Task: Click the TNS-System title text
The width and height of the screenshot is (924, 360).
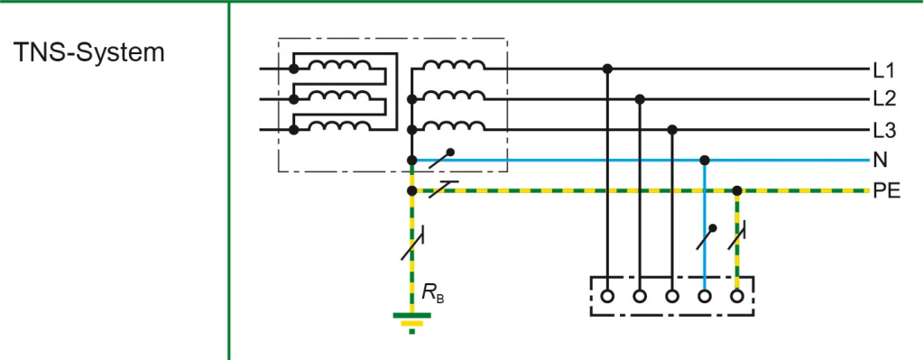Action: click(89, 53)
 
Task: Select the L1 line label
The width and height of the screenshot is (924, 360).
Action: click(884, 72)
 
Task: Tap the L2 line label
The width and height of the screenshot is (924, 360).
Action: click(884, 100)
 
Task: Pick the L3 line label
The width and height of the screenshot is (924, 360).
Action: click(884, 131)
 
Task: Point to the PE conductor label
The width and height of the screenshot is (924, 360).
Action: click(886, 191)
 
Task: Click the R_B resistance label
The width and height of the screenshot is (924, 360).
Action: click(432, 292)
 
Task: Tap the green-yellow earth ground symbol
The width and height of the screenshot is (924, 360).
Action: click(411, 322)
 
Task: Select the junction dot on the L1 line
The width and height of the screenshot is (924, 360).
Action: click(607, 69)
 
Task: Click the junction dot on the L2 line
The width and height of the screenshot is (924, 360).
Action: click(640, 99)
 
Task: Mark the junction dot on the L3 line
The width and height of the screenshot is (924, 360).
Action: click(672, 130)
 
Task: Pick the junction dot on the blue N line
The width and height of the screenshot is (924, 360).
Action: click(704, 161)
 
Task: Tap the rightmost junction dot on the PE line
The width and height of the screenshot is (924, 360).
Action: click(736, 191)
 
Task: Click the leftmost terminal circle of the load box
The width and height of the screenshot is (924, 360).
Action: click(607, 296)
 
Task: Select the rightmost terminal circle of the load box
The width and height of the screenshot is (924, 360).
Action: click(736, 296)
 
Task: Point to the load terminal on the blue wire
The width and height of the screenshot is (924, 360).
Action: click(704, 296)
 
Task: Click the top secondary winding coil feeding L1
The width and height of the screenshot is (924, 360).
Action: click(454, 65)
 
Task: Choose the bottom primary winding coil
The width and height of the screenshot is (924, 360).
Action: click(339, 125)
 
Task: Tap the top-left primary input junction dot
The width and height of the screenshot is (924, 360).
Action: click(293, 69)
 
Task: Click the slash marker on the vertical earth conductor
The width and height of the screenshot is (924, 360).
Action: click(412, 244)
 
